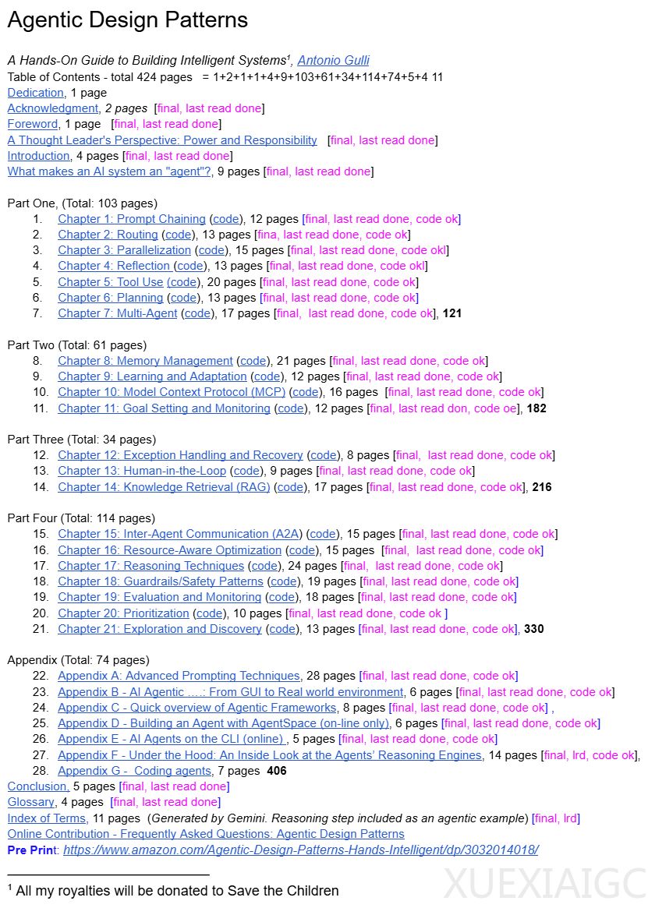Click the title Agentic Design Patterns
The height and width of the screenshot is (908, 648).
128,20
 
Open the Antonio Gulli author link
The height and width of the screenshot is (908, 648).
335,61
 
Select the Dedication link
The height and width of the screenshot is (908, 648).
35,93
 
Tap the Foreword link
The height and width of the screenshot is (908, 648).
33,124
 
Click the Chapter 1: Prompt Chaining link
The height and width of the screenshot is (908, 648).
132,219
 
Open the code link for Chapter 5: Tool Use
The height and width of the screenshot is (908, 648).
183,282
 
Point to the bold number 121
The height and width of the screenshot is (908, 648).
452,313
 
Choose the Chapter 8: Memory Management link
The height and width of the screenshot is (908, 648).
145,361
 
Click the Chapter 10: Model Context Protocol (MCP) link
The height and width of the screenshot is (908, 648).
172,392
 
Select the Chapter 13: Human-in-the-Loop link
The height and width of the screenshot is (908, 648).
142,471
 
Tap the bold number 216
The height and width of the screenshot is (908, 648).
542,487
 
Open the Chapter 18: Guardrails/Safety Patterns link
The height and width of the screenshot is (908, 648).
161,581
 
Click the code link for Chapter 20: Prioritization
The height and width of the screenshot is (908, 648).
209,613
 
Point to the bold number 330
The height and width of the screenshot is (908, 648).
533,629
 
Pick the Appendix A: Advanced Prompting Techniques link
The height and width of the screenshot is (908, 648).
179,676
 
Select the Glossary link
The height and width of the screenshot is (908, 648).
31,802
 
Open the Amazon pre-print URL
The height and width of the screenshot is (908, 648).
300,850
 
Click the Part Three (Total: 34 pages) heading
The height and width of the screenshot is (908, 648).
82,440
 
